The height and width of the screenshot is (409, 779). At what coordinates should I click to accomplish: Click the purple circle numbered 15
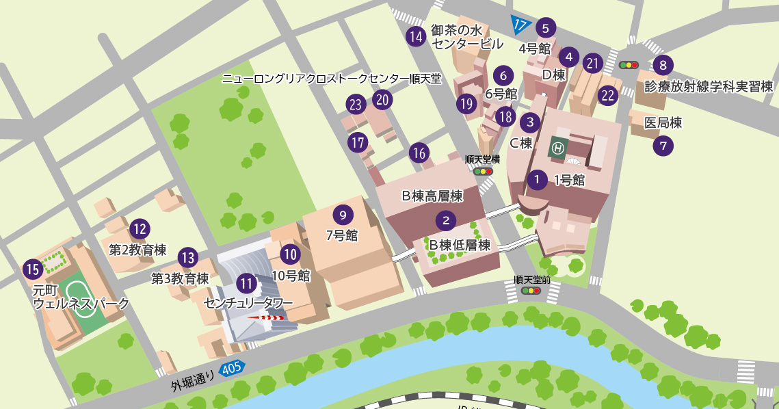coord(32,269)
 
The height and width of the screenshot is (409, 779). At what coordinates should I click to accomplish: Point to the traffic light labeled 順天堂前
coord(531,291)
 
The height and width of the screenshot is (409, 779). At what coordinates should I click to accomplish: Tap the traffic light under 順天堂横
coord(484,172)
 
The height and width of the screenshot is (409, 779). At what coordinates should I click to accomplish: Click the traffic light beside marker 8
coord(629,65)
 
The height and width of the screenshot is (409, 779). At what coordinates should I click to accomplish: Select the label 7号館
coord(343,236)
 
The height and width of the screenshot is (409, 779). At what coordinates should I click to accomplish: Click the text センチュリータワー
coord(249,303)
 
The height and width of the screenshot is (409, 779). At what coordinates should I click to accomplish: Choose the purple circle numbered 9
coord(343,215)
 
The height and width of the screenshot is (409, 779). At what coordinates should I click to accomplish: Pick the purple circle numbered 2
coord(446,220)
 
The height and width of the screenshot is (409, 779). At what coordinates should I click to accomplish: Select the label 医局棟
coord(663,123)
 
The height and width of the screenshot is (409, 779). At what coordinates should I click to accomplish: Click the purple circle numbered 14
coord(415,36)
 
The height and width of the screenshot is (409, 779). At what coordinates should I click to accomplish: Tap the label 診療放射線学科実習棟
coord(709,87)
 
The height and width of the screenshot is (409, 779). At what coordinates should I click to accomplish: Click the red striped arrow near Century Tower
coord(265,317)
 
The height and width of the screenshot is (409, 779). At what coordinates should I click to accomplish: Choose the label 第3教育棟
coord(180,278)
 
